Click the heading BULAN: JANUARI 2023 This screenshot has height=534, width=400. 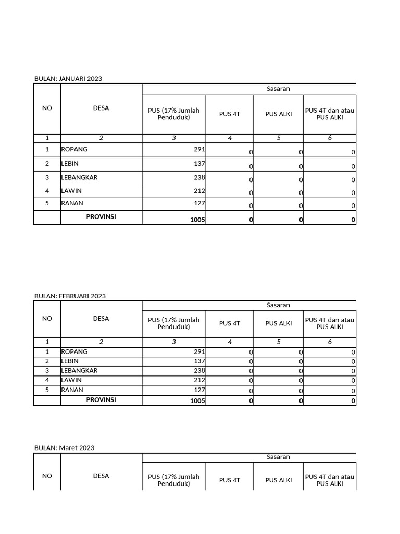pos(68,79)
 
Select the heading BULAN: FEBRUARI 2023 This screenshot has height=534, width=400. pos(70,296)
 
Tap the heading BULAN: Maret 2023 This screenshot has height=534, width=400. pos(64,448)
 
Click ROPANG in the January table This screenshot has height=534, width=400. pos(74,149)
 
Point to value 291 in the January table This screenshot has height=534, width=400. pos(199,149)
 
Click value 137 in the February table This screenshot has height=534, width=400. pos(199,361)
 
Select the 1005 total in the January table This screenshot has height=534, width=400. pos(198,220)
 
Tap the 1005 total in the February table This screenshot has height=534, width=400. pos(198,401)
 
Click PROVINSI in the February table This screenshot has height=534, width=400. pos(101,400)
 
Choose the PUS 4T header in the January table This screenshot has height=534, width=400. pos(230,114)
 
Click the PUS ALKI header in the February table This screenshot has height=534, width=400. pos(279,323)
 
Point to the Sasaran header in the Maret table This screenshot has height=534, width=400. pos(278,457)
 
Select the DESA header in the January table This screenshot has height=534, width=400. pos(101,108)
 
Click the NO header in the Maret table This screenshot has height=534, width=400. pos(47,476)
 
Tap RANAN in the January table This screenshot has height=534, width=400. pos(72,203)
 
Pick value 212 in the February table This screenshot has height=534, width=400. pos(199,381)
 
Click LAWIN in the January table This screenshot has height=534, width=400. pos(72,191)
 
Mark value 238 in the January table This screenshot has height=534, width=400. pos(199,177)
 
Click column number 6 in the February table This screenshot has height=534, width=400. pos(330,342)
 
